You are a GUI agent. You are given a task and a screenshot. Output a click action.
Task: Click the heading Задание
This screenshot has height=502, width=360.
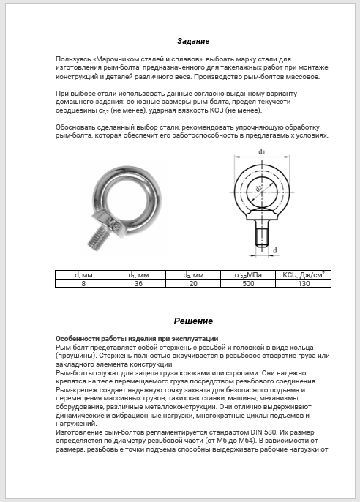pyautogui.click(x=193, y=41)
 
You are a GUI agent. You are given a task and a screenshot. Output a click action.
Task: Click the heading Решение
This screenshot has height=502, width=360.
pyautogui.click(x=193, y=321)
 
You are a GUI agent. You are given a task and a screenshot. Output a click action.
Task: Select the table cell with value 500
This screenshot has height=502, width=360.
pyautogui.click(x=248, y=283)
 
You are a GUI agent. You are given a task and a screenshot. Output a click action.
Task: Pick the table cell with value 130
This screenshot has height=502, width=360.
pyautogui.click(x=304, y=283)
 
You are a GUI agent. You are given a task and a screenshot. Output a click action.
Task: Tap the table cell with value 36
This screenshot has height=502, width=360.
pyautogui.click(x=138, y=283)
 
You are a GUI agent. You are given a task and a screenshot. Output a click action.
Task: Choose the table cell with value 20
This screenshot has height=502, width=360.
pyautogui.click(x=193, y=283)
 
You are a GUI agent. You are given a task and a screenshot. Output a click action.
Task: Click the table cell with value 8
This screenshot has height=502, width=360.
pyautogui.click(x=83, y=283)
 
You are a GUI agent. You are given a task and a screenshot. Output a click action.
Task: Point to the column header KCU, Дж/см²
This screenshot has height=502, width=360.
pyautogui.click(x=304, y=274)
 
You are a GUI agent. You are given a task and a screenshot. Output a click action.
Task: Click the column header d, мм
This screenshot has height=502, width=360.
pyautogui.click(x=83, y=274)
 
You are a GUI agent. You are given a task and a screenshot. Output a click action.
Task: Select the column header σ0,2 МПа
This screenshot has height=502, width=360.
pyautogui.click(x=248, y=274)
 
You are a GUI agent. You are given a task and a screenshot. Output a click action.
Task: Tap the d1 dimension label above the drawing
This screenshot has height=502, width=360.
pyautogui.click(x=262, y=151)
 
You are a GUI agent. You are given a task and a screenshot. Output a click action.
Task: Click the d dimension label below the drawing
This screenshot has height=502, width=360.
pyautogui.click(x=275, y=250)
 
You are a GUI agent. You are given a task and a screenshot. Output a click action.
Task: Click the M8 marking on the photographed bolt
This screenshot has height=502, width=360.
pyautogui.click(x=113, y=223)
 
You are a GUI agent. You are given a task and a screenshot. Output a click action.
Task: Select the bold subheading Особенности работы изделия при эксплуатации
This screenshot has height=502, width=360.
pyautogui.click(x=137, y=339)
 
